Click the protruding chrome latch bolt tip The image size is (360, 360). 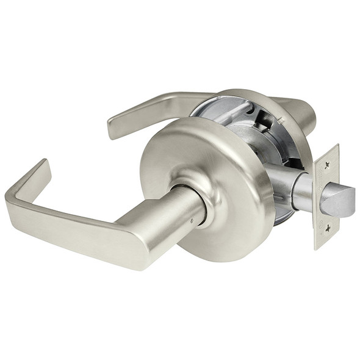click(x=339, y=201)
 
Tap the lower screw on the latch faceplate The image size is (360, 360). click(x=328, y=228)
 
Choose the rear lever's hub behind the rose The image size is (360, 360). click(x=302, y=113)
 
